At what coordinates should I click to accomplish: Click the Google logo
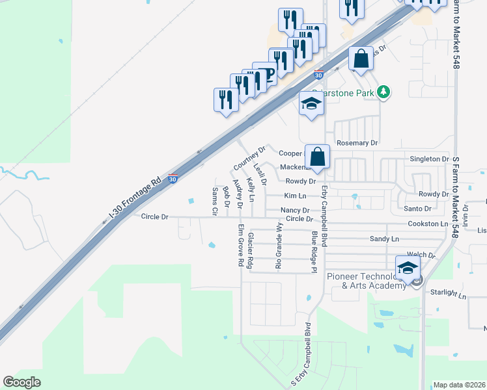[21, 382]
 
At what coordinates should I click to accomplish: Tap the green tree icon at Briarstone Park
[384, 92]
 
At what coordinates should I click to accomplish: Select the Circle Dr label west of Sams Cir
[154, 216]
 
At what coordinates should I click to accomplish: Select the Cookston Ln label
[427, 223]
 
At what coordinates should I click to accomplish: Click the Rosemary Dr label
[357, 142]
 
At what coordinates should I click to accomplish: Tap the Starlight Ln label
[449, 294]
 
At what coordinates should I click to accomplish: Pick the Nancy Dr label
[294, 210]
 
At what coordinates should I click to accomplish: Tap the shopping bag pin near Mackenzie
[317, 157]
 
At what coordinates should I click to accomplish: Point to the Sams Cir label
[214, 201]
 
